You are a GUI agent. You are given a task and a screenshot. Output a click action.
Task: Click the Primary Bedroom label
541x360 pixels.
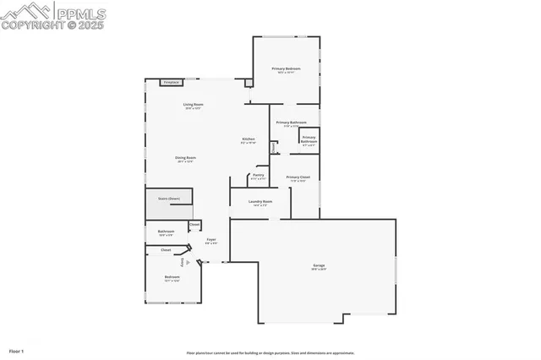286,68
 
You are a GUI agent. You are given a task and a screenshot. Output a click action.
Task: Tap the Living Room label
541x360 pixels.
193,105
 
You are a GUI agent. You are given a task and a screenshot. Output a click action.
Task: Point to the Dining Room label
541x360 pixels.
185,157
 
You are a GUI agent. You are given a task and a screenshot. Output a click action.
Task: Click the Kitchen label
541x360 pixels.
249,139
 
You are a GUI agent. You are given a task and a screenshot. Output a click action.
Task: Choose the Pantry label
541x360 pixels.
259,175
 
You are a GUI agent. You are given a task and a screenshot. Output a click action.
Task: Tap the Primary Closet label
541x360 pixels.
298,177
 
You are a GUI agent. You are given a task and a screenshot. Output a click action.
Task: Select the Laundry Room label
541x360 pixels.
260,201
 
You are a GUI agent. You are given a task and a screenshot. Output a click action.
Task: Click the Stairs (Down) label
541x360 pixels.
169,199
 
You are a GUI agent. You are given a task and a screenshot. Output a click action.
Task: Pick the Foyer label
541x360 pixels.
211,239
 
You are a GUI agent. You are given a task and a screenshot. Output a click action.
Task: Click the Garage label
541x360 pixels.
318,265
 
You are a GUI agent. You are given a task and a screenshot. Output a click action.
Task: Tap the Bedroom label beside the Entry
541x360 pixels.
172,277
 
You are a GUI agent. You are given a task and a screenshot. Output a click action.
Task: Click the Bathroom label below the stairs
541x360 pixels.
166,232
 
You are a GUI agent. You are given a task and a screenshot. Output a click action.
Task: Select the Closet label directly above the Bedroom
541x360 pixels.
166,250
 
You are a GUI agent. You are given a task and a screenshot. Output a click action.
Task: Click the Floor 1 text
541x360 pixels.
17,350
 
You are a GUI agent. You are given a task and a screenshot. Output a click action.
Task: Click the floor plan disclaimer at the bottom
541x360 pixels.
270,353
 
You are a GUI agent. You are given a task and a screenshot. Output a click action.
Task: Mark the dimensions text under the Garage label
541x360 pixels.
318,270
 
